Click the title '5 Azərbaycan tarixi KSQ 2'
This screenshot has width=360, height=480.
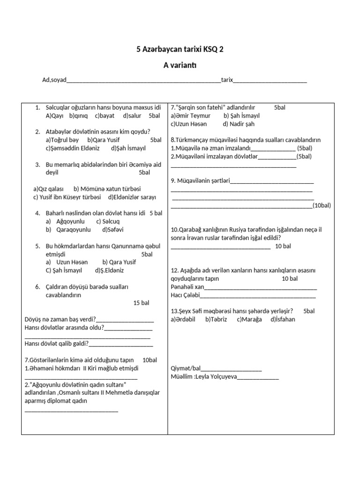(x=180, y=49)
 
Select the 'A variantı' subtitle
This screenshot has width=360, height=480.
(x=180, y=66)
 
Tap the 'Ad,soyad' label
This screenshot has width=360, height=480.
(x=54, y=80)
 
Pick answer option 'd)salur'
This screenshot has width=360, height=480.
(x=132, y=115)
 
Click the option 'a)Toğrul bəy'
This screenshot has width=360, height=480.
(x=62, y=140)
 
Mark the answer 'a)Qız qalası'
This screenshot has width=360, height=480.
(x=48, y=189)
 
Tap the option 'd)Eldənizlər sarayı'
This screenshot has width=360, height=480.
(x=132, y=197)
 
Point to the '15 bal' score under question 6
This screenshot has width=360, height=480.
(x=141, y=303)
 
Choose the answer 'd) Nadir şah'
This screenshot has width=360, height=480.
(x=239, y=124)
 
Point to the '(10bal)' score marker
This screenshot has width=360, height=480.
(x=322, y=205)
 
